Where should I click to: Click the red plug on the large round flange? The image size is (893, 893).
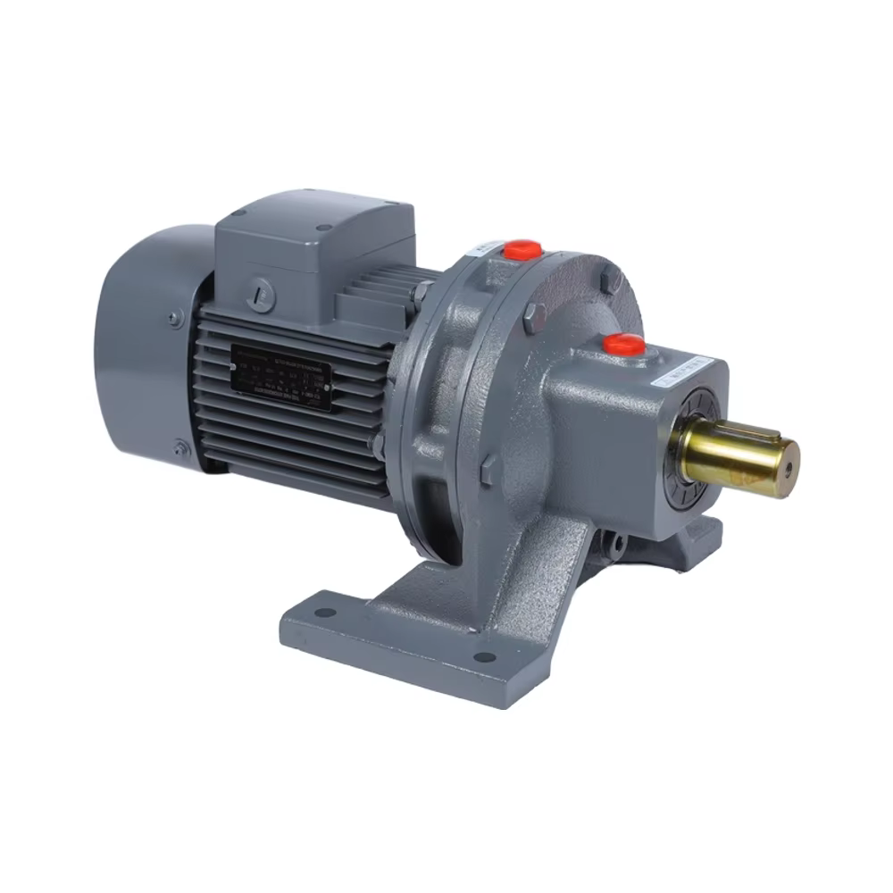522,248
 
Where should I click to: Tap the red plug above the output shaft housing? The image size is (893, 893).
623,344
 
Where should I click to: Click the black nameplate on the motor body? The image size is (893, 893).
281,376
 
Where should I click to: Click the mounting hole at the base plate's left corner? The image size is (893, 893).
325,613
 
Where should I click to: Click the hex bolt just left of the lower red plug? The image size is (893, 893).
533,314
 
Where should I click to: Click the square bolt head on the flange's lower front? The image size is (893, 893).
488,470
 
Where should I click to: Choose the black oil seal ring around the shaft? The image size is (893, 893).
692,455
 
